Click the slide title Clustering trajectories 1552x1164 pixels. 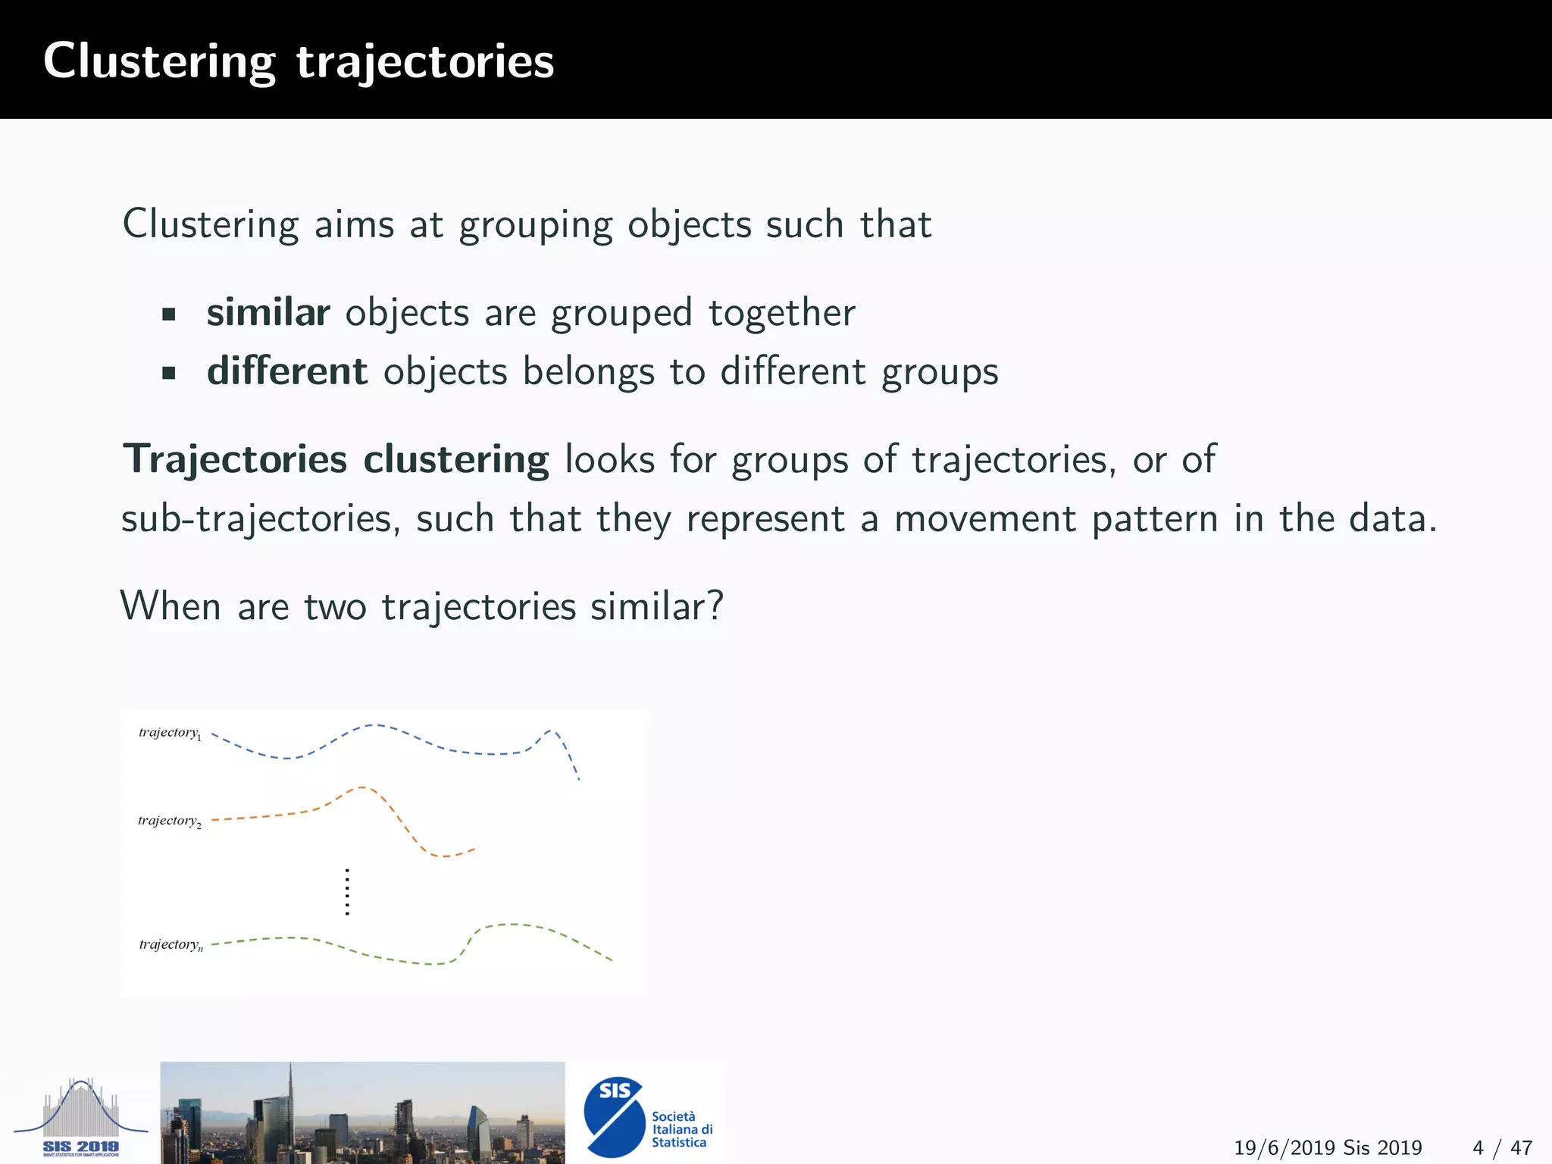(x=299, y=61)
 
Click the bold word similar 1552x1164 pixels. (x=268, y=312)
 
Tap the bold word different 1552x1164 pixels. (x=287, y=371)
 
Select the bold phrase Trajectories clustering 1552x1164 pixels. (x=336, y=459)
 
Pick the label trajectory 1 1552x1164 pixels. (x=170, y=733)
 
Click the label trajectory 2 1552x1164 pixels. (x=170, y=821)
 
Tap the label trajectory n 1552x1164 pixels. (x=171, y=944)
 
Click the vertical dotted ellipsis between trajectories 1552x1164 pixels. (x=347, y=892)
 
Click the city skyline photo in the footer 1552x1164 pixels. (x=362, y=1112)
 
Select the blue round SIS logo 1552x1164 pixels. (x=614, y=1117)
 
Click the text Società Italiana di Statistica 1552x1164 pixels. (x=681, y=1129)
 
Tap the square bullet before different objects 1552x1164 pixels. (x=169, y=373)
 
